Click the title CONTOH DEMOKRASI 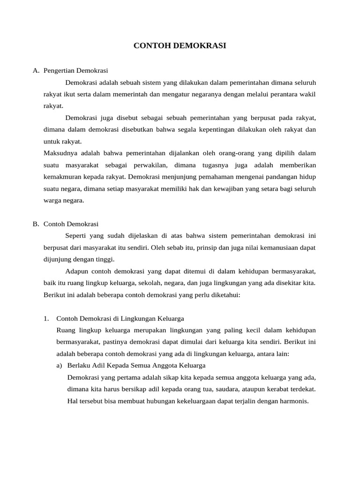click(x=180, y=46)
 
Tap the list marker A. click(x=36, y=71)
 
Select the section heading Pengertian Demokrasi click(x=76, y=71)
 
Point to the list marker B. click(x=36, y=224)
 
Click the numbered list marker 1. click(x=46, y=319)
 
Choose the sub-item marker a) click(x=60, y=366)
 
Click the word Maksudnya click(x=58, y=153)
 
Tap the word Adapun click(x=76, y=271)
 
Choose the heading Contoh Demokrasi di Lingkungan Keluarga click(x=120, y=319)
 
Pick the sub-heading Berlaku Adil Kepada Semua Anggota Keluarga click(x=136, y=366)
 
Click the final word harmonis click(x=294, y=401)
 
